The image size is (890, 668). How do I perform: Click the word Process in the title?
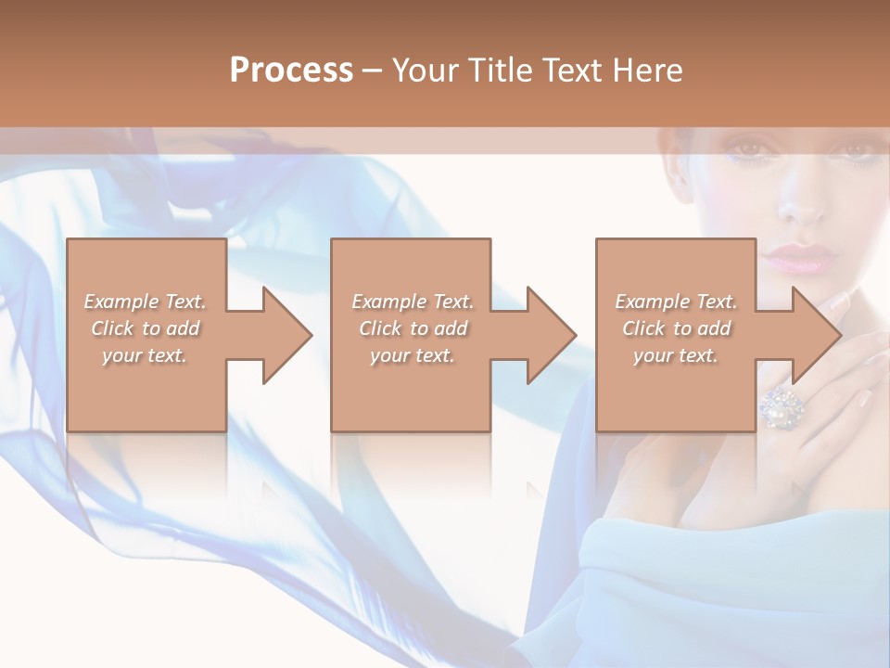coord(291,71)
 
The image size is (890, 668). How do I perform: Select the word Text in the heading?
coord(571,71)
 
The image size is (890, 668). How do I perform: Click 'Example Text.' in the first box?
coord(146,302)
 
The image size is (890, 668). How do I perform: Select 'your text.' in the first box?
coord(146,355)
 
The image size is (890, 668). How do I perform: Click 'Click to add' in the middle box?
coord(413,328)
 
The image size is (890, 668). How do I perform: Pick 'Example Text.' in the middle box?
coord(413,302)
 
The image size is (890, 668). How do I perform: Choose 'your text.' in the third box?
coord(676,355)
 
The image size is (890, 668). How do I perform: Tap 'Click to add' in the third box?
coord(676,328)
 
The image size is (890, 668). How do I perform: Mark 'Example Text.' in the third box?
coord(676,302)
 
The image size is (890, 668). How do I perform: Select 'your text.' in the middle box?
coord(413,355)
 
